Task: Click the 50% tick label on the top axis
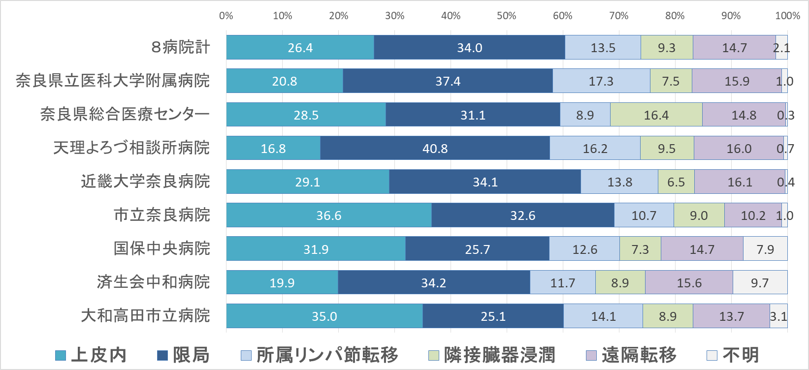point(506,16)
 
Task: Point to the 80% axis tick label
point(675,16)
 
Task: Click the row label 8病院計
point(181,47)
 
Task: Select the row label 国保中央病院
point(162,248)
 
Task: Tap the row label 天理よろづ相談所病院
point(131,148)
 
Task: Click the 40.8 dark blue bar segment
point(435,148)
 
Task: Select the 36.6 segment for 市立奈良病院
point(328,216)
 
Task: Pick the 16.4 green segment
point(656,115)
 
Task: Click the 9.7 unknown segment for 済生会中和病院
point(759,282)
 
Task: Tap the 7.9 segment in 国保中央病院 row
point(765,249)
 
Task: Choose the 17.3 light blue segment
point(601,81)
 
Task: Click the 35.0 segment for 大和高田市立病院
point(324,316)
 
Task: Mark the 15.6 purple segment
point(688,282)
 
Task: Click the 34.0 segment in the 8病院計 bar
point(469,48)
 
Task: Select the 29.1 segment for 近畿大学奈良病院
point(307,182)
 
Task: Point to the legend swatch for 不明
point(712,355)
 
